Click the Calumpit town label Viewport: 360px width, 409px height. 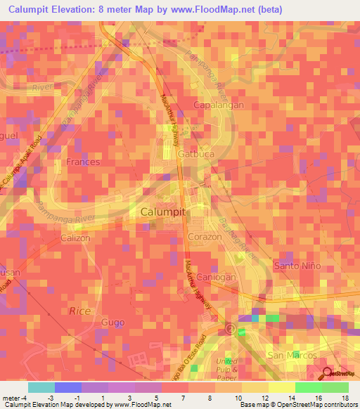pos(162,211)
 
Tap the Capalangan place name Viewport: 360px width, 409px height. pos(218,105)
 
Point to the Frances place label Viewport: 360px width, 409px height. pos(83,162)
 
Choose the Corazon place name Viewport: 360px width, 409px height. pos(205,238)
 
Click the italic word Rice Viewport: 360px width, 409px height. pos(79,310)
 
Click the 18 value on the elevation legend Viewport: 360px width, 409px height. pos(345,398)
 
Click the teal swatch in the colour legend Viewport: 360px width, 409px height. pos(41,387)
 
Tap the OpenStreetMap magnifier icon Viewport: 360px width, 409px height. pos(327,372)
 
